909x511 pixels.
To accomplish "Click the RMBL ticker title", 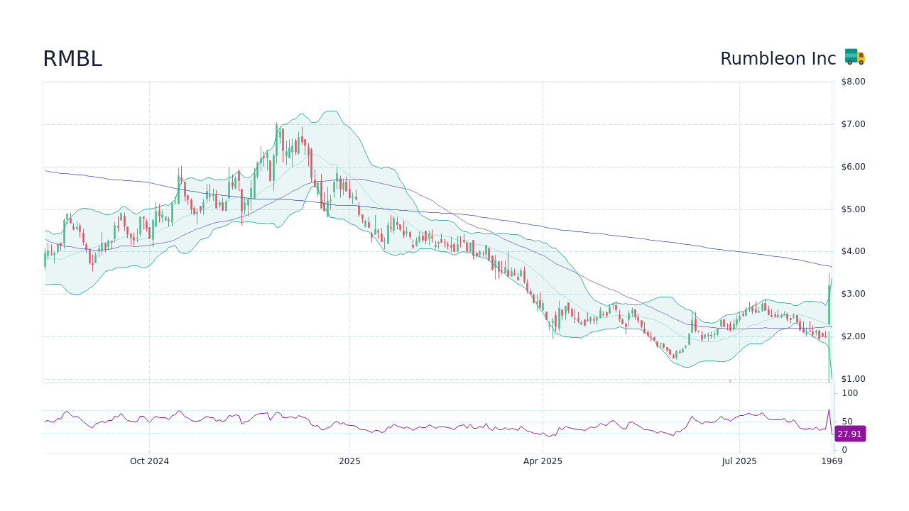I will pyautogui.click(x=72, y=59).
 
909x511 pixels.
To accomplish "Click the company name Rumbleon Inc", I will pyautogui.click(x=778, y=59).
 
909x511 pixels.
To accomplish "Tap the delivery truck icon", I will pyautogui.click(x=854, y=57).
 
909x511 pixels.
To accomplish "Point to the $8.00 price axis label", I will pyautogui.click(x=853, y=82).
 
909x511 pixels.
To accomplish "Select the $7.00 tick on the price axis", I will pyautogui.click(x=853, y=124).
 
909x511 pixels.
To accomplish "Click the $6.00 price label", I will pyautogui.click(x=853, y=167).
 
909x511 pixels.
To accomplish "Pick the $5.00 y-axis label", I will pyautogui.click(x=853, y=209).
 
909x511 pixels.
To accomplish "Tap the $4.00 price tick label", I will pyautogui.click(x=853, y=251).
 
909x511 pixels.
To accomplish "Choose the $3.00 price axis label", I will pyautogui.click(x=853, y=294).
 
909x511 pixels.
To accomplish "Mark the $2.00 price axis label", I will pyautogui.click(x=853, y=336).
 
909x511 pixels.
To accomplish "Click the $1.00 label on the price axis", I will pyautogui.click(x=853, y=379).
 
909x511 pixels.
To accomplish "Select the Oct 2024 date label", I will pyautogui.click(x=149, y=461).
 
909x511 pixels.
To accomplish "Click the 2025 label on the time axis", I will pyautogui.click(x=349, y=461).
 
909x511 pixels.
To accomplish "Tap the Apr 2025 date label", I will pyautogui.click(x=543, y=461).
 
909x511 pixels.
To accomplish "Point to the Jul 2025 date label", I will pyautogui.click(x=739, y=461).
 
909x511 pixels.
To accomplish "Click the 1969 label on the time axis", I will pyautogui.click(x=832, y=461).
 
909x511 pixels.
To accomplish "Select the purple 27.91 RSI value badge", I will pyautogui.click(x=849, y=434).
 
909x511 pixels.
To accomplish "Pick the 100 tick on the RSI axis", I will pyautogui.click(x=850, y=393).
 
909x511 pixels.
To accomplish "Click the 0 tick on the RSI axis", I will pyautogui.click(x=844, y=450).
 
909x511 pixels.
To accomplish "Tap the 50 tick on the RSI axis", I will pyautogui.click(x=847, y=422).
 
